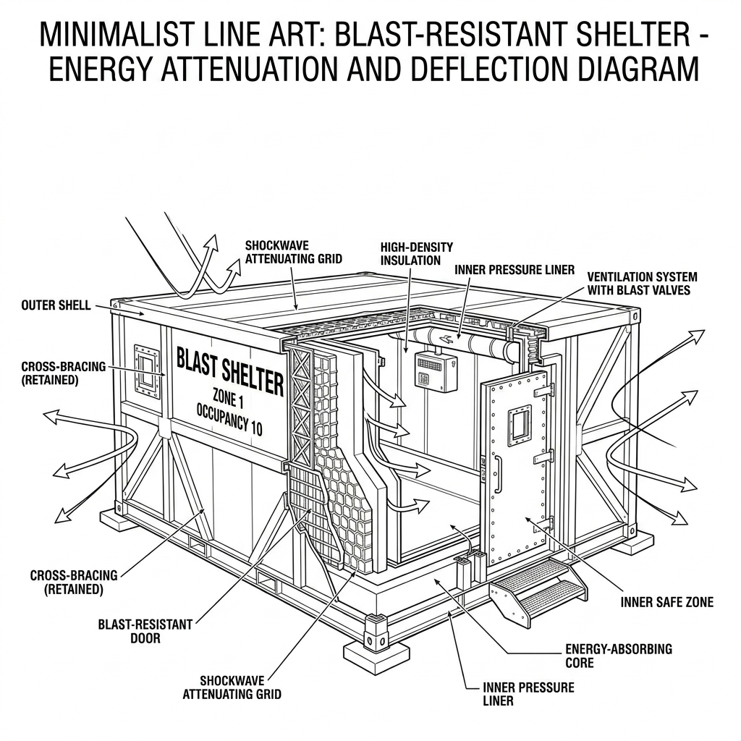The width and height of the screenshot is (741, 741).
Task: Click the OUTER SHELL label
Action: [x=56, y=305]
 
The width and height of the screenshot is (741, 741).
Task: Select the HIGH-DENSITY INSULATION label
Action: [x=410, y=254]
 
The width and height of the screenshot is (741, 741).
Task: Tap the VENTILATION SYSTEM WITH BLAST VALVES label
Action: [x=642, y=284]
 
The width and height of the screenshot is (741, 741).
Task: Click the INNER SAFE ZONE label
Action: [x=666, y=602]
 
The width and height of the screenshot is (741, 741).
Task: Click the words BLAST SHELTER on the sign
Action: [x=229, y=370]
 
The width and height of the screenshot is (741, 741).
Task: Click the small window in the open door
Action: [x=519, y=423]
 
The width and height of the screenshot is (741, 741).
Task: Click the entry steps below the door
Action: [x=538, y=588]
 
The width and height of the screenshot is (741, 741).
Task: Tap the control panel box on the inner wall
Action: [x=435, y=370]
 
